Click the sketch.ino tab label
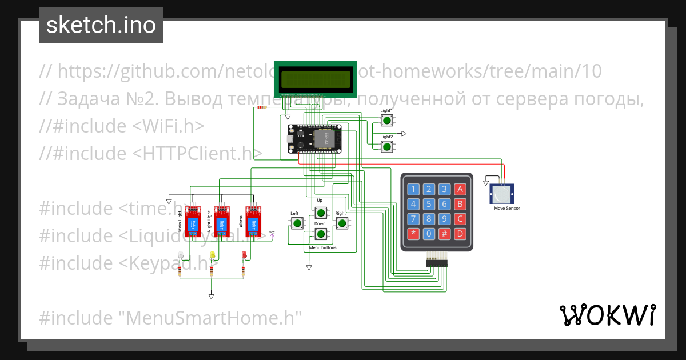coord(101,25)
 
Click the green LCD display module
coord(315,79)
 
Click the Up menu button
coord(321,213)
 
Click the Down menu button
coord(321,233)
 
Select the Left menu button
coord(296,223)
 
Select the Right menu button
coord(342,223)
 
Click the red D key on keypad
coord(460,233)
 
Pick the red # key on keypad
coord(445,233)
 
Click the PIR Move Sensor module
coord(502,194)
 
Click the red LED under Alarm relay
coord(244,255)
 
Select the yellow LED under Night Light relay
coord(213,255)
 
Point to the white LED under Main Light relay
coord(181,255)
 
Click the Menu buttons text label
coord(322,248)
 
